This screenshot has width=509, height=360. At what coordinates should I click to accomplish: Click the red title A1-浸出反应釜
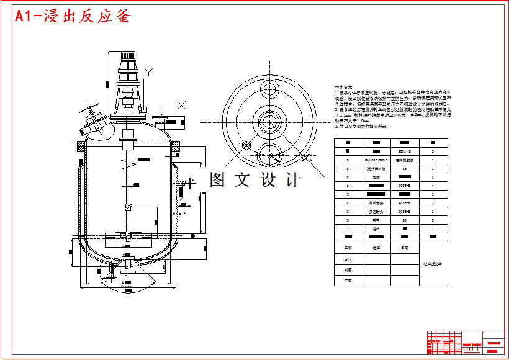(x=73, y=17)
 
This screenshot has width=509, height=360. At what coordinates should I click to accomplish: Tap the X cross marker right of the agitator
(x=181, y=105)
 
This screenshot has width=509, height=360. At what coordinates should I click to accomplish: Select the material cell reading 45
(x=405, y=168)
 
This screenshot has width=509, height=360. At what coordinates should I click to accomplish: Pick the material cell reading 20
(x=405, y=220)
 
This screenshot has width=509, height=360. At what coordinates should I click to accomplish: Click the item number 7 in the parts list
(x=348, y=177)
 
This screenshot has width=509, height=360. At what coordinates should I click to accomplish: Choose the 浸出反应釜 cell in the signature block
(x=433, y=263)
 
